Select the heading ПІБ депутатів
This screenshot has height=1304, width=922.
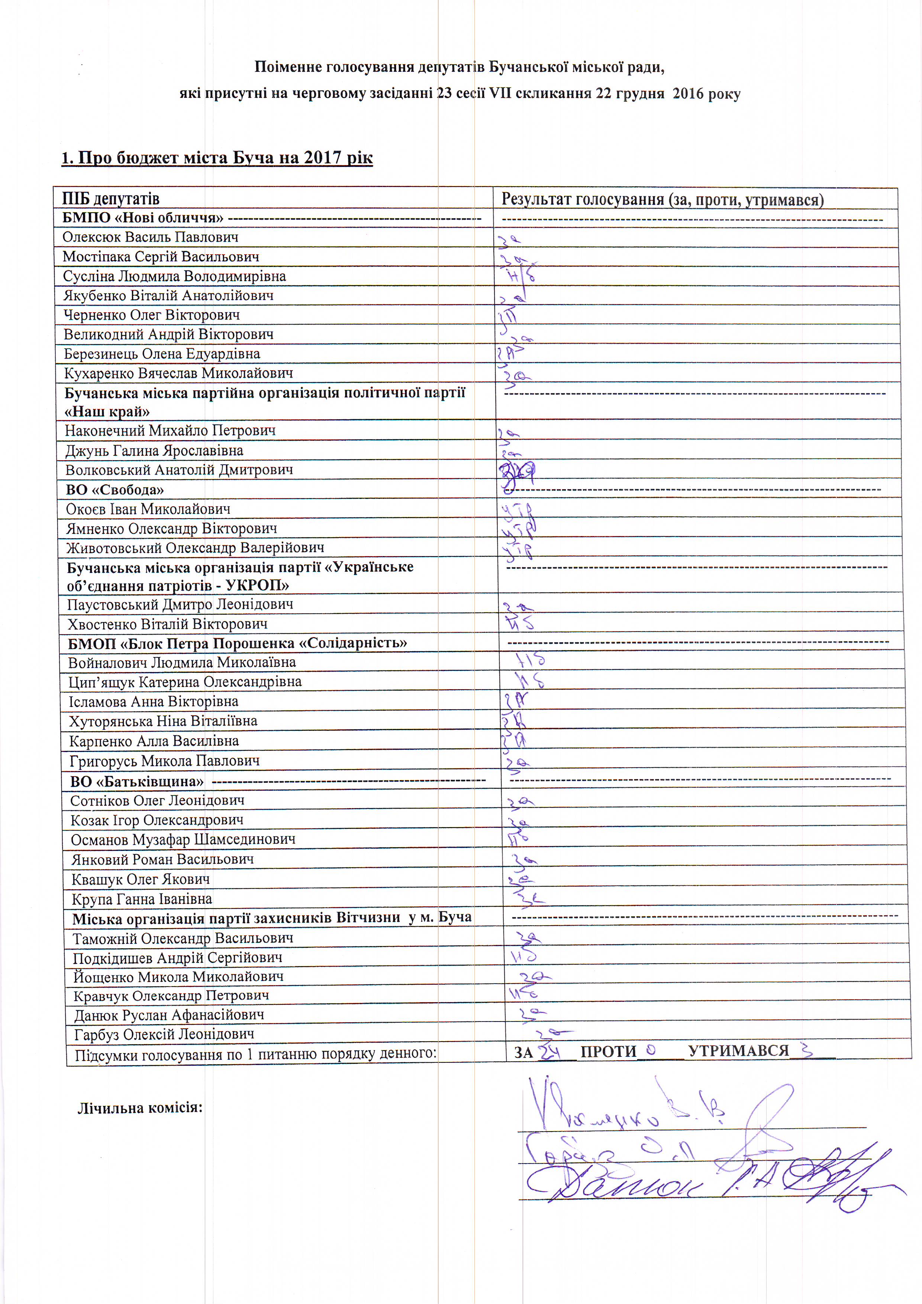coord(111,199)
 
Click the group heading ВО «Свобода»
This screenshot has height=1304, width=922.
coord(115,490)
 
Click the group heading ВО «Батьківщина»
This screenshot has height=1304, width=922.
coord(137,781)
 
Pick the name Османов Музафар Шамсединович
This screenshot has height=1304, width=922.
coord(183,839)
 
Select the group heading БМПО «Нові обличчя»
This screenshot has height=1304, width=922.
coord(143,217)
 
